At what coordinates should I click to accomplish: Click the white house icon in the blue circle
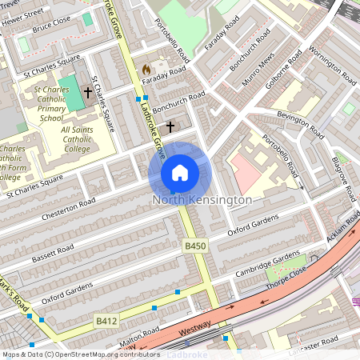click(180, 172)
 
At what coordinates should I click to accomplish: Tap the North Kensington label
click(202, 199)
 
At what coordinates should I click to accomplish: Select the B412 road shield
click(106, 320)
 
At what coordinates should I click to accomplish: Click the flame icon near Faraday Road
click(146, 70)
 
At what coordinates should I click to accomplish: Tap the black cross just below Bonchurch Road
click(170, 126)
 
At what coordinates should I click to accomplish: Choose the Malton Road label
click(118, 342)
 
